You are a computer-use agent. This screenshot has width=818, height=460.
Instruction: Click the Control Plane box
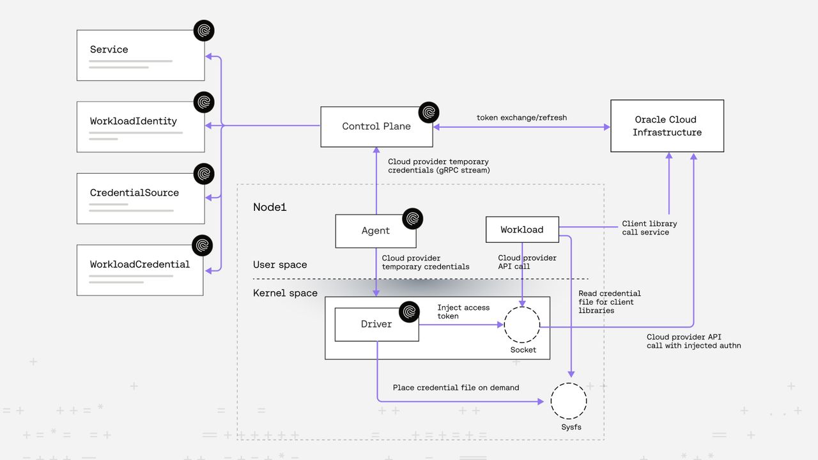pyautogui.click(x=376, y=126)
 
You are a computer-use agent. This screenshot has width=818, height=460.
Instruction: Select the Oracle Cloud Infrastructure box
pyautogui.click(x=667, y=126)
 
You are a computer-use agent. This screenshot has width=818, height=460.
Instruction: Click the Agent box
pyautogui.click(x=376, y=231)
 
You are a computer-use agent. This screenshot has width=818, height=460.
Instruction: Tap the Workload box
pyautogui.click(x=522, y=230)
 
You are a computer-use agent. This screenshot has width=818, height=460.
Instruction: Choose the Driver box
pyautogui.click(x=376, y=325)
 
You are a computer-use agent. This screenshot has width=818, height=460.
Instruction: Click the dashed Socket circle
pyautogui.click(x=522, y=325)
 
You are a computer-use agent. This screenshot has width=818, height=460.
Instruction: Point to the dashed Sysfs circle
pyautogui.click(x=568, y=401)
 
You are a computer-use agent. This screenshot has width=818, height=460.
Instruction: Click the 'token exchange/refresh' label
pyautogui.click(x=521, y=118)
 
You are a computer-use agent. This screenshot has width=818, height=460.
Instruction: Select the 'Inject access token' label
pyautogui.click(x=463, y=312)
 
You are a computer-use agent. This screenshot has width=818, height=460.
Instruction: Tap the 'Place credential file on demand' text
pyautogui.click(x=456, y=387)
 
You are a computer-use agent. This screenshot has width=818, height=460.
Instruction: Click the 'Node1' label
pyautogui.click(x=270, y=207)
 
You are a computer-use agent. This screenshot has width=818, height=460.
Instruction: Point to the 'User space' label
pyautogui.click(x=280, y=264)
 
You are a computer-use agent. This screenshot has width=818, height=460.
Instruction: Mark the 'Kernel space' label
pyautogui.click(x=285, y=293)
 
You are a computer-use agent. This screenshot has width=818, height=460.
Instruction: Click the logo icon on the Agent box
pyautogui.click(x=413, y=219)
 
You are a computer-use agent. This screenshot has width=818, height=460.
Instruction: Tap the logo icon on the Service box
pyautogui.click(x=204, y=31)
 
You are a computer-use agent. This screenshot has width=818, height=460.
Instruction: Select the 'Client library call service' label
pyautogui.click(x=649, y=228)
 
